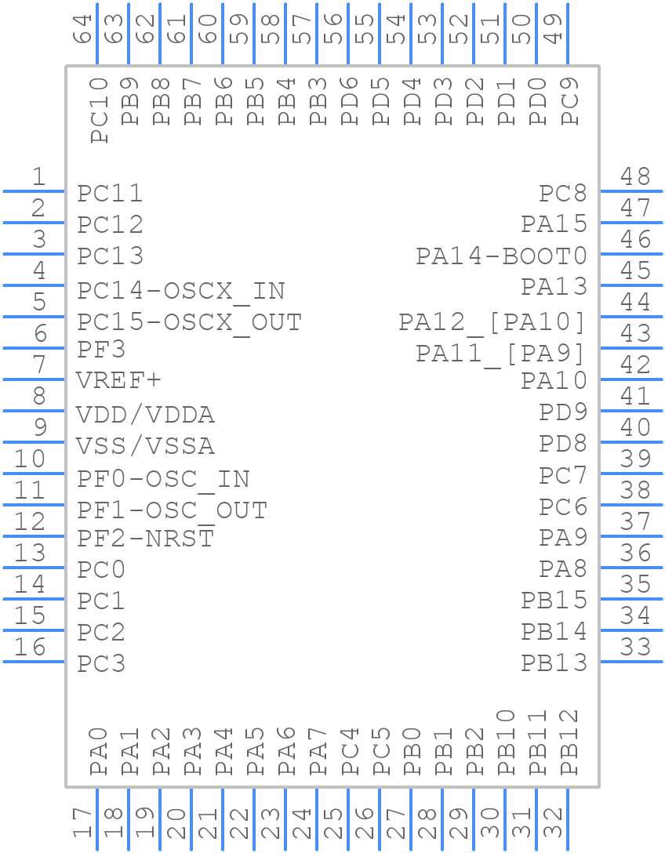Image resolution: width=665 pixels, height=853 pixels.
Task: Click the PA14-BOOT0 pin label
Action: (500, 256)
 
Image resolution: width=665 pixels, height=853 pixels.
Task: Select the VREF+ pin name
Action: (118, 380)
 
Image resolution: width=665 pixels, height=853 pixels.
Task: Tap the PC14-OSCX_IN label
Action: (180, 291)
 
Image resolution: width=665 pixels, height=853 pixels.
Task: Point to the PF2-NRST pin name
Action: (145, 539)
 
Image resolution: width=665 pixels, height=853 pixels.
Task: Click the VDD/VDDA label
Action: (145, 414)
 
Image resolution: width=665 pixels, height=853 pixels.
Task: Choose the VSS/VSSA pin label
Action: (145, 445)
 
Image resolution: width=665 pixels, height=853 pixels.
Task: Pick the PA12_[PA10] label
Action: (492, 322)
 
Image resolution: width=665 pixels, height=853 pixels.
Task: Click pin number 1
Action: (38, 177)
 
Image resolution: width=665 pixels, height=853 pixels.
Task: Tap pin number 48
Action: (635, 177)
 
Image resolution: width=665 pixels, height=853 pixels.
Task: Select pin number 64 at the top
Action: (83, 29)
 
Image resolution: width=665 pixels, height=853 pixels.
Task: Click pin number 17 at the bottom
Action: (83, 823)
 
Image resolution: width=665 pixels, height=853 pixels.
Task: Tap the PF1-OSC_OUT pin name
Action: (172, 510)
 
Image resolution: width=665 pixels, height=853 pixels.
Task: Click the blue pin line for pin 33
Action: (631, 661)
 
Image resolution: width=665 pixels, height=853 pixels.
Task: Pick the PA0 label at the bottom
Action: (99, 750)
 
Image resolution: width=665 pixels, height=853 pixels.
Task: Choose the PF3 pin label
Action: (101, 348)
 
